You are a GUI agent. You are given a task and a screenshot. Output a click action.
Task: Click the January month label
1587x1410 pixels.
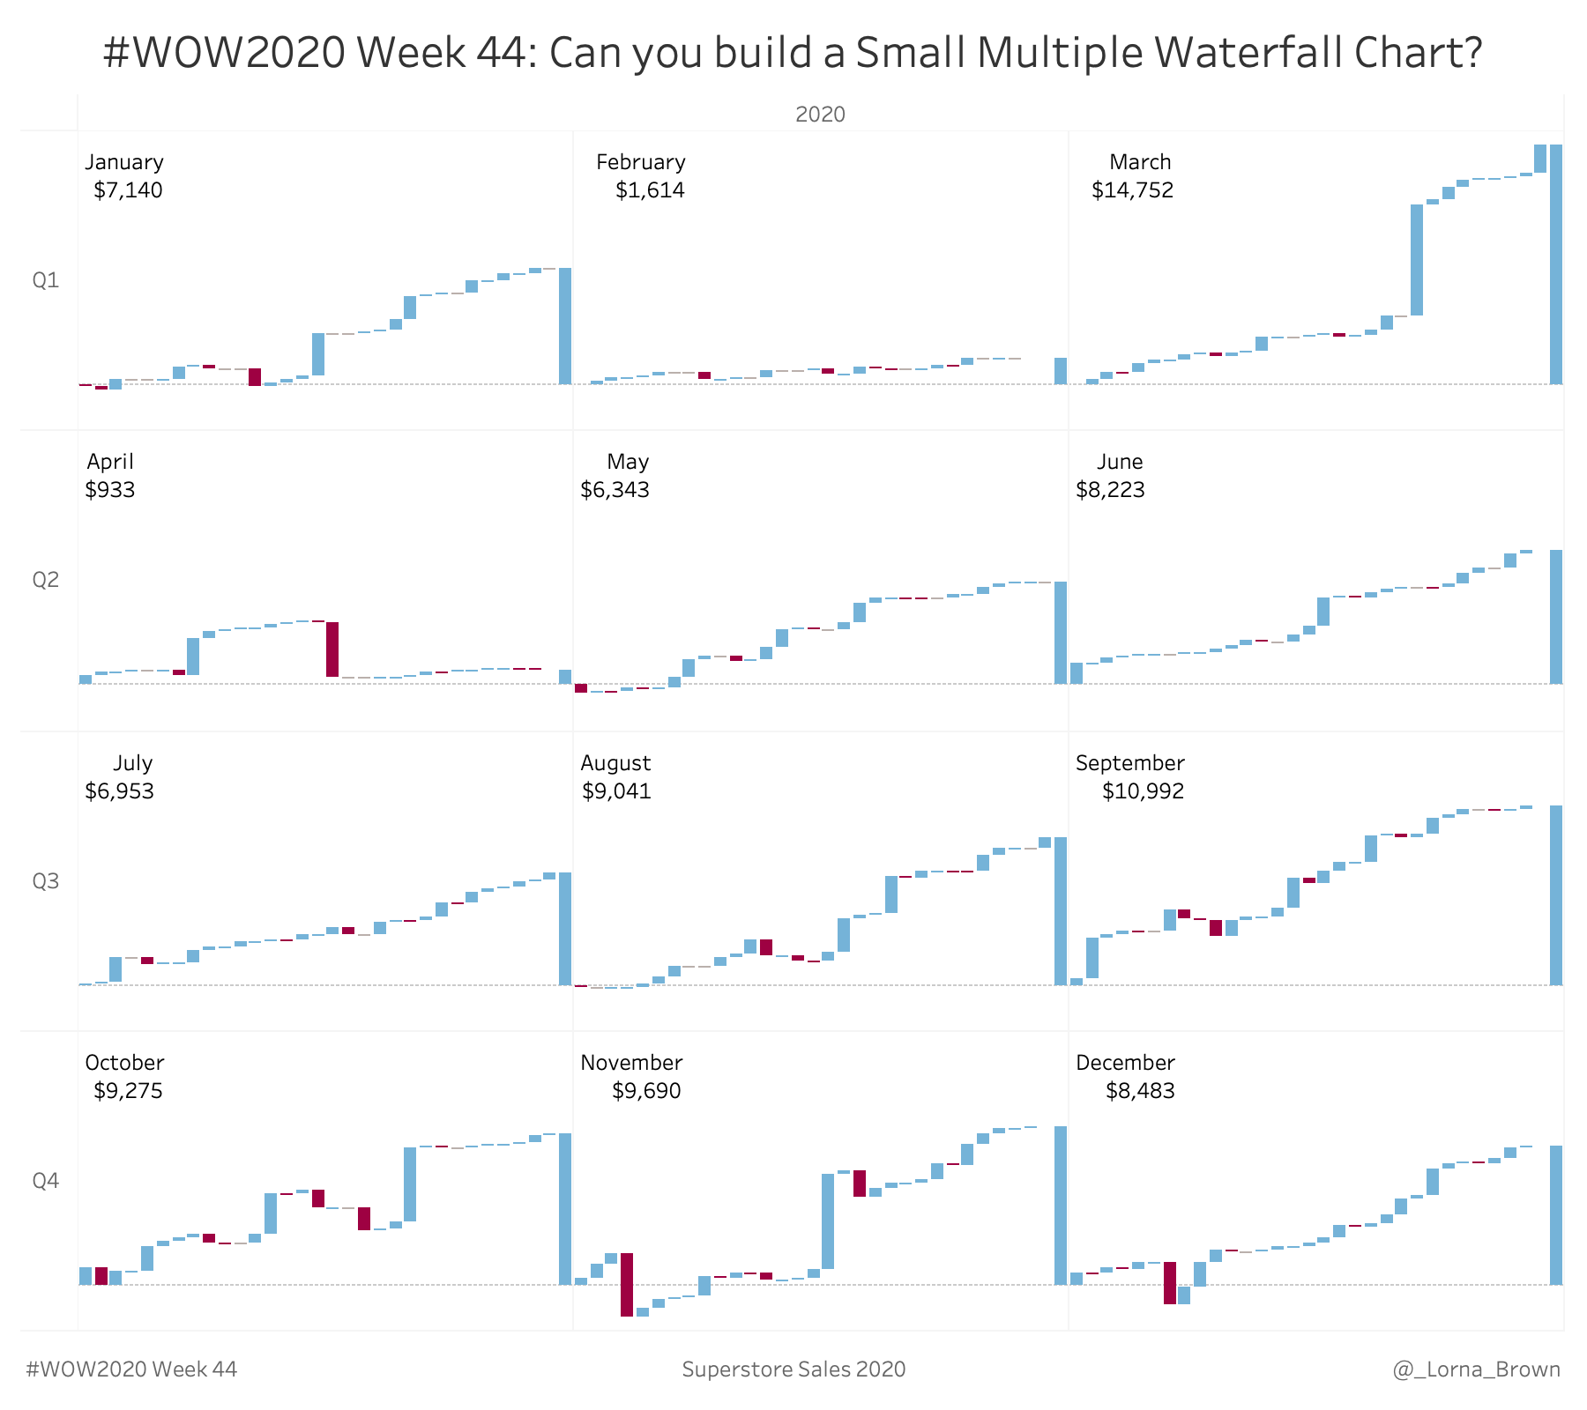(124, 162)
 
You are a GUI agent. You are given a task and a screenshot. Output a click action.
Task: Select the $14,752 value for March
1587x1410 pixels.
(1132, 190)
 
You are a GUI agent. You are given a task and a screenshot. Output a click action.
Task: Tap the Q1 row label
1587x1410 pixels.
(46, 280)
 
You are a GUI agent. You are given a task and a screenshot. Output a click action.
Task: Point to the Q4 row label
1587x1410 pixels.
(46, 1180)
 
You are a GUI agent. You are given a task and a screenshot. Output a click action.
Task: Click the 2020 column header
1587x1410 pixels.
(820, 115)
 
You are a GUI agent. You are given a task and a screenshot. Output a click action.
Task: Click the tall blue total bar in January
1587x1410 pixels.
(565, 326)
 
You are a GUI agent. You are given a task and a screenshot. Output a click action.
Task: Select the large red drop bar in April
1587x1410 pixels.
(332, 649)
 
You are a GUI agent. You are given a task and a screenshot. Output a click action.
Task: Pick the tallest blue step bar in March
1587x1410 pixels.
(1417, 260)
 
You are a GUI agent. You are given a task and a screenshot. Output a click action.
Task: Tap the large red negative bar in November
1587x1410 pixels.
(627, 1284)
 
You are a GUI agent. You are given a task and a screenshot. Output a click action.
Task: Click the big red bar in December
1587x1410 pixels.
(1170, 1282)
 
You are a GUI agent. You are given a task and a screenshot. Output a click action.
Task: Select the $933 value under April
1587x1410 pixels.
(110, 490)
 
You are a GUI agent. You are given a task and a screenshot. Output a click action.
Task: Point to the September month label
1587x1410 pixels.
(1129, 763)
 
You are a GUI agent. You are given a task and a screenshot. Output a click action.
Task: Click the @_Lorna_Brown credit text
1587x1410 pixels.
(1476, 1369)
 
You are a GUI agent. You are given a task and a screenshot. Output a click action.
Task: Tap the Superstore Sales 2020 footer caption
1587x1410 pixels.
(793, 1369)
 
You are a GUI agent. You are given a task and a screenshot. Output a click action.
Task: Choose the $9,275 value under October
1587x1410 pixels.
(129, 1091)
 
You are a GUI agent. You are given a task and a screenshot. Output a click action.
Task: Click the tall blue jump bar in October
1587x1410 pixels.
(410, 1184)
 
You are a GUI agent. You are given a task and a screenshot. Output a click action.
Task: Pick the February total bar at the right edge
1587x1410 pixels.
(1061, 371)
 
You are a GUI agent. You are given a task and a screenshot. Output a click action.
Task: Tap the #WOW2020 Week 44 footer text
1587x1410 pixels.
(131, 1369)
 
